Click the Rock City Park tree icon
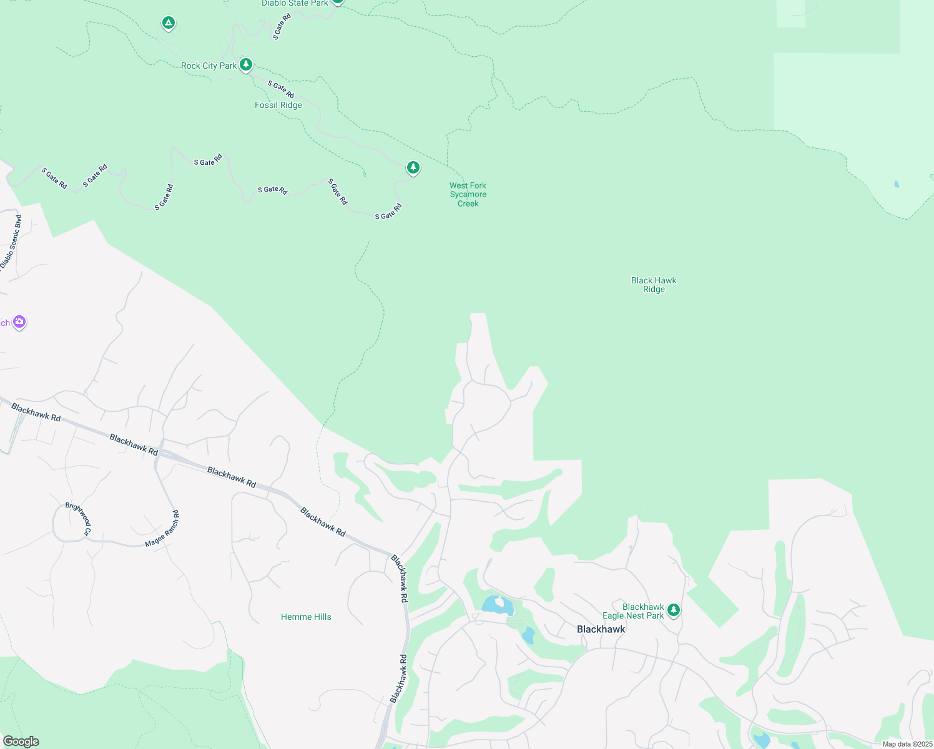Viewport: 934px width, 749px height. (246, 64)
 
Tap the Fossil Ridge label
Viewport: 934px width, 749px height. (278, 105)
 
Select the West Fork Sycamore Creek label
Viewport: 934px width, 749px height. (468, 194)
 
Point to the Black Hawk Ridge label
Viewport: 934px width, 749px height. (654, 285)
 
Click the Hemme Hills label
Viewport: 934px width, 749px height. (306, 617)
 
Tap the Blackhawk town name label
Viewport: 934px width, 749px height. (601, 629)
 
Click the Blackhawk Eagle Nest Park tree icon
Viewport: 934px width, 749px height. (673, 610)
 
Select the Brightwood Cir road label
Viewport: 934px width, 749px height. (79, 519)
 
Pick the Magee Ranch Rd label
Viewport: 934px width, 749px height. (162, 529)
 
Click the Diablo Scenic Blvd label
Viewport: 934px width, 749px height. (11, 243)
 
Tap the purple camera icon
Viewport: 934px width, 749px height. (19, 322)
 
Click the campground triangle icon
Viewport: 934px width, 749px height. (168, 23)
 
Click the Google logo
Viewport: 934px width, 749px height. (21, 742)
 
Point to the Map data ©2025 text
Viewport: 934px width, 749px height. (907, 744)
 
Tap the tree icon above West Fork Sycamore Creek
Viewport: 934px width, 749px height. (413, 167)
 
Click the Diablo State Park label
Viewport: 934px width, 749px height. (295, 3)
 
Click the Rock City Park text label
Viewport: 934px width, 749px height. (209, 66)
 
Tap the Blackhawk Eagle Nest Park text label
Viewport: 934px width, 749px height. (633, 611)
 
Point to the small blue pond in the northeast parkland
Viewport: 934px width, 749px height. (897, 184)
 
